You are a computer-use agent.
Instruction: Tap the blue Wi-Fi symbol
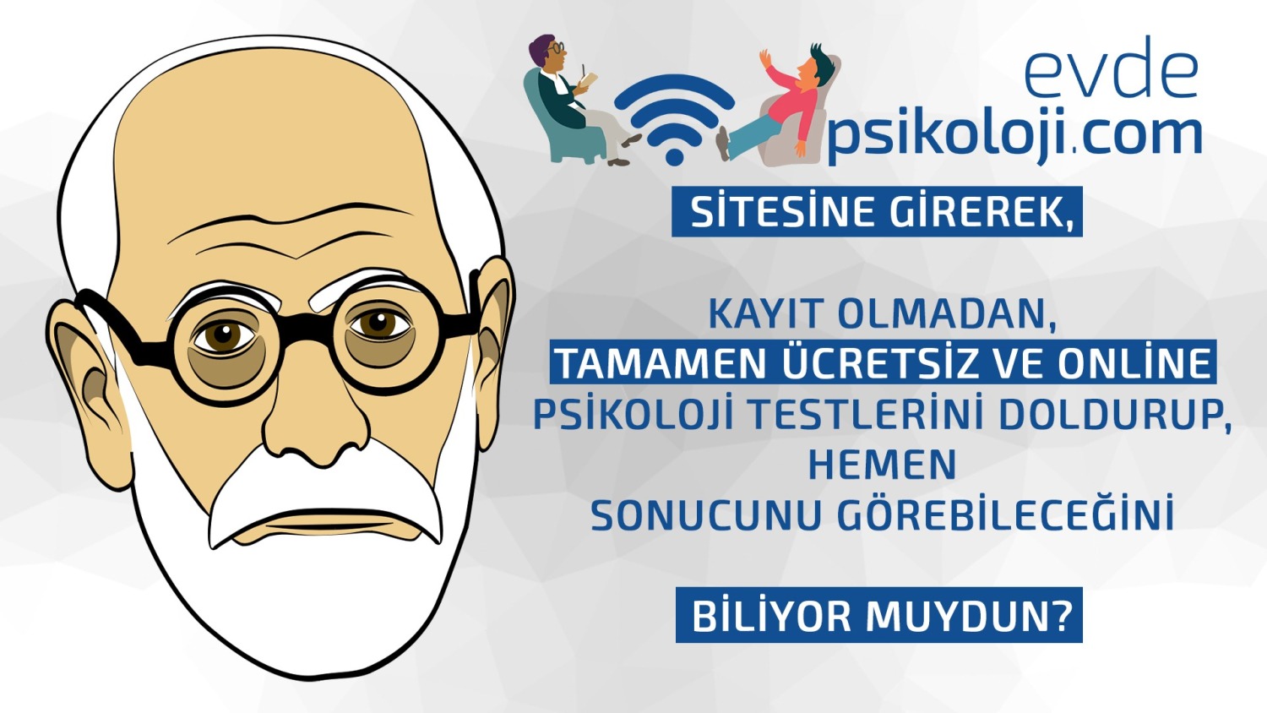(674, 119)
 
